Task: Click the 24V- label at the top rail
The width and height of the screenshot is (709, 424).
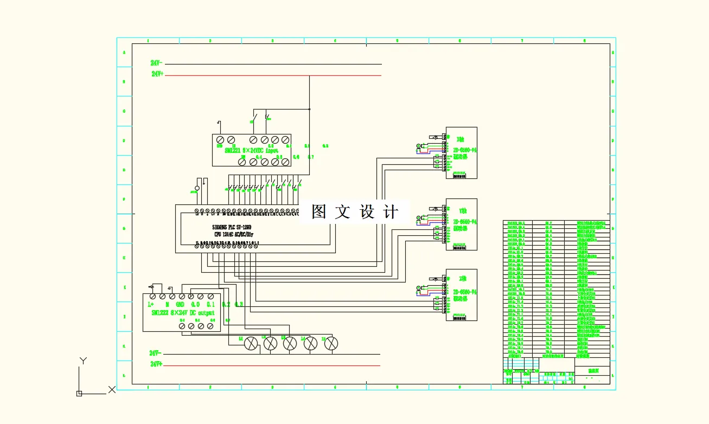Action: click(x=157, y=63)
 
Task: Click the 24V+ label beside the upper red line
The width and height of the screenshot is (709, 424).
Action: click(x=157, y=74)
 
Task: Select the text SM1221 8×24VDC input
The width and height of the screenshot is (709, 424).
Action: click(x=251, y=150)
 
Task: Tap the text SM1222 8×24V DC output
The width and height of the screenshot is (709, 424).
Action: click(x=183, y=313)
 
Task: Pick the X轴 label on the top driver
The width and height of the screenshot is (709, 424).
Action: click(x=461, y=139)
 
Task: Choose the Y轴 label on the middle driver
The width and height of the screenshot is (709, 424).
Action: click(x=462, y=210)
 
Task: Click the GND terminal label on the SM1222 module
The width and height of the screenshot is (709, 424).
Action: click(x=180, y=305)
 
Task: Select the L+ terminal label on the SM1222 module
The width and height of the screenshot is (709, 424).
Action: click(x=151, y=305)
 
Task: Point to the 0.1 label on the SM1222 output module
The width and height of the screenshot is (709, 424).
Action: click(x=211, y=305)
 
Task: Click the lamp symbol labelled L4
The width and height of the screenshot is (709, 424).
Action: click(x=310, y=343)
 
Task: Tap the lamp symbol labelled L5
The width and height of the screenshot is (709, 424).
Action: click(x=331, y=343)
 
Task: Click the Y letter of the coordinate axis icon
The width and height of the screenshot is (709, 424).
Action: click(x=83, y=361)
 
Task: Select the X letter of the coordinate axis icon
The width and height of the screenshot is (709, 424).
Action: click(x=112, y=389)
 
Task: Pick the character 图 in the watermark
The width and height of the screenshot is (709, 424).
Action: click(x=319, y=212)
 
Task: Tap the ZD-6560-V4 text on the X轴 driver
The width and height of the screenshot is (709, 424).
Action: click(x=465, y=150)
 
